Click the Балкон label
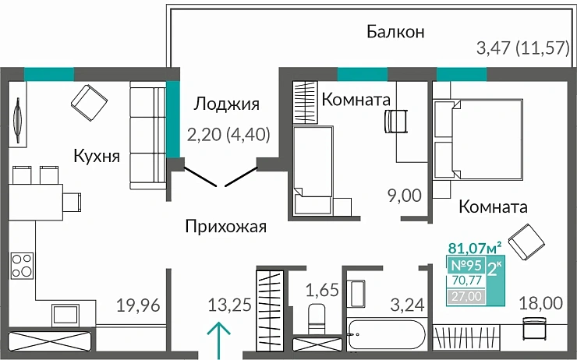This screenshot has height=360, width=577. (x=395, y=32)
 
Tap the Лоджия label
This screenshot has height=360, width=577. (x=226, y=104)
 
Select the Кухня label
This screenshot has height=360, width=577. (x=97, y=156)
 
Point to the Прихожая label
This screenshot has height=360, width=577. (x=226, y=227)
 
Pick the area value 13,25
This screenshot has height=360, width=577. (x=230, y=305)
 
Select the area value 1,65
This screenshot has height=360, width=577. (x=320, y=291)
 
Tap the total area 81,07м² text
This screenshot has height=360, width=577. (x=473, y=249)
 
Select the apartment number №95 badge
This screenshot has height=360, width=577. (x=465, y=264)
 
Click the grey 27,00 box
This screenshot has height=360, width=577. (x=465, y=295)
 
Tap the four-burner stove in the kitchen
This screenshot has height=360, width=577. (x=21, y=266)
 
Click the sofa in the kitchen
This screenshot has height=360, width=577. (x=144, y=137)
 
